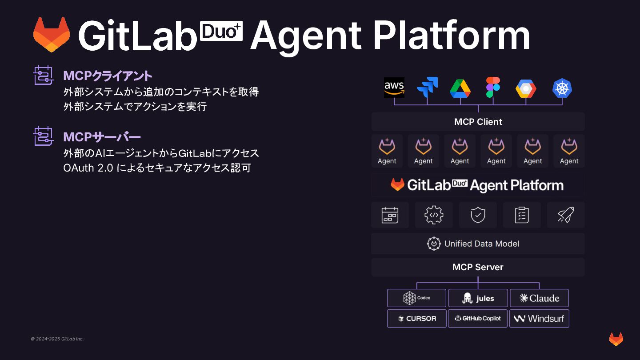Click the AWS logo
tap(394, 88)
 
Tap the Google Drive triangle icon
tap(460, 88)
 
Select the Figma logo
tap(493, 87)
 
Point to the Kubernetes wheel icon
tap(562, 88)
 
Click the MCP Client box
tap(478, 122)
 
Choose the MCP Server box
tap(478, 267)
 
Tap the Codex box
tap(416, 298)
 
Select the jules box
tap(478, 298)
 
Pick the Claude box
tap(539, 298)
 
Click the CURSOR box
tap(416, 318)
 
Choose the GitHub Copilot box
tap(478, 318)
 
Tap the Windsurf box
tap(539, 318)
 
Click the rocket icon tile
tap(566, 215)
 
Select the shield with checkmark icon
tap(478, 215)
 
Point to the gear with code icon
tap(434, 215)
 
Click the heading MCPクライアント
tap(108, 76)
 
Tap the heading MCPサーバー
tap(102, 137)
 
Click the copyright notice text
tap(57, 339)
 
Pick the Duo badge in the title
tap(221, 31)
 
